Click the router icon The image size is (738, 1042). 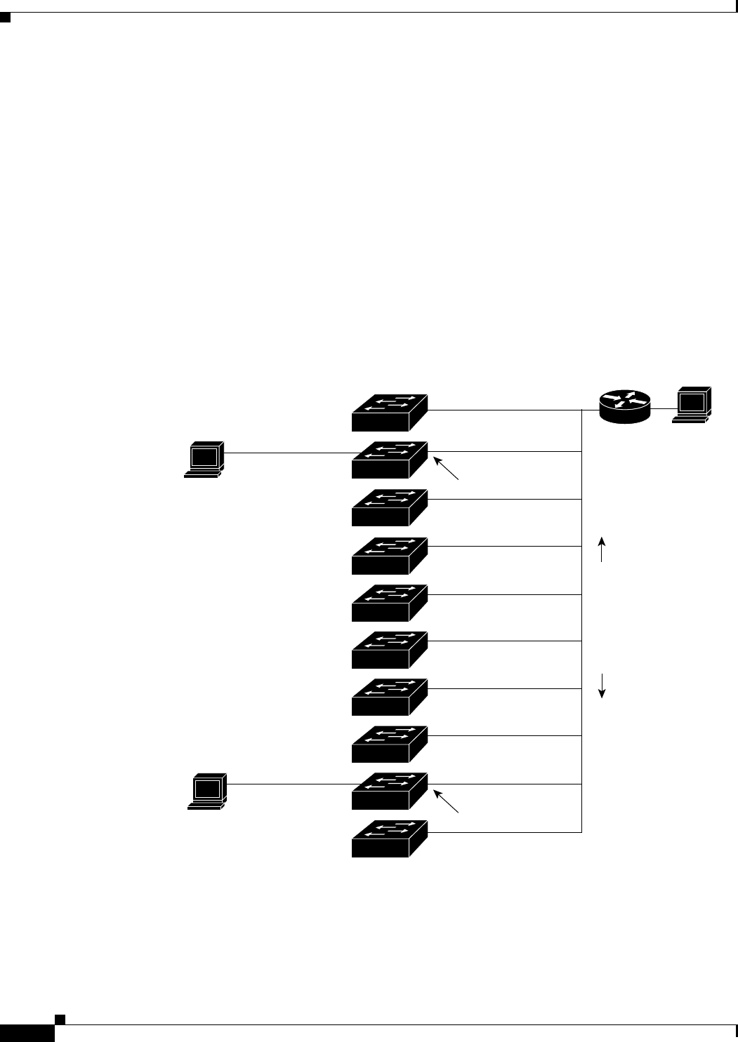[x=625, y=407]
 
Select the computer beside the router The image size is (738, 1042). [x=692, y=405]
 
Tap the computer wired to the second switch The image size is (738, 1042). [x=204, y=460]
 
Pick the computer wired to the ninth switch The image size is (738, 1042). [x=206, y=791]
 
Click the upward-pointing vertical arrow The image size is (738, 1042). [x=602, y=549]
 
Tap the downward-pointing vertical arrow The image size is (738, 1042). [x=602, y=686]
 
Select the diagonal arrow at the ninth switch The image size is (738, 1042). [x=447, y=801]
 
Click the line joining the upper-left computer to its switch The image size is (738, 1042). [x=288, y=453]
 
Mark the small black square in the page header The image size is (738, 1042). [x=6, y=16]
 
